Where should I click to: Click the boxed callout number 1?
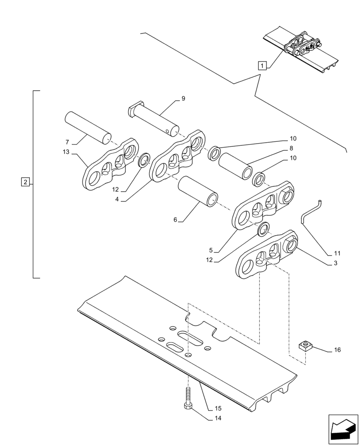[x=262, y=66]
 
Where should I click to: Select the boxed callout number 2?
[x=25, y=182]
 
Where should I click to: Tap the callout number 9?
[x=183, y=99]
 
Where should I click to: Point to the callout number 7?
[x=67, y=142]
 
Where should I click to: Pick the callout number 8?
[x=291, y=148]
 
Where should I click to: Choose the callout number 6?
[x=175, y=220]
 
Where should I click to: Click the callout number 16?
[x=337, y=350]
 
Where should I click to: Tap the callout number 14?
[x=217, y=418]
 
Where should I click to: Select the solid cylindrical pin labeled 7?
[x=87, y=127]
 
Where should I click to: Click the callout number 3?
[x=335, y=263]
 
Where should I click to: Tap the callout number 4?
[x=117, y=199]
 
